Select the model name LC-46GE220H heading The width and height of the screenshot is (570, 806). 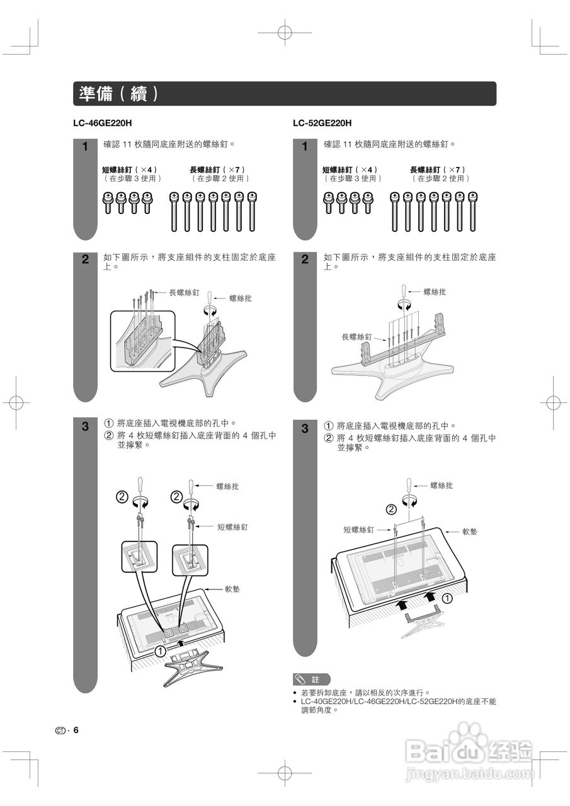point(103,123)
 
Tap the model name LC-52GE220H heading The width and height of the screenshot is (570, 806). point(322,123)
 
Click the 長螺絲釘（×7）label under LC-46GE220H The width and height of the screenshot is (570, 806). point(217,169)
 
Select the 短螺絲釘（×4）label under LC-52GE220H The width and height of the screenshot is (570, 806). point(350,169)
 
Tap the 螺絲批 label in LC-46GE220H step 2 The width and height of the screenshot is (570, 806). point(240,298)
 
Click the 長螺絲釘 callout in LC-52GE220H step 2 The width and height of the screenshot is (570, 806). point(356,337)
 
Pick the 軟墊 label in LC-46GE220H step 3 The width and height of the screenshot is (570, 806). point(232,589)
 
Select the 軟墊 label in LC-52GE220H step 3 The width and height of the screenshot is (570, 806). point(469,531)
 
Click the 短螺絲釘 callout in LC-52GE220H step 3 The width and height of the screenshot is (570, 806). point(359,530)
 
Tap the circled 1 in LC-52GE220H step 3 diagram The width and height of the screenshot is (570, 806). point(446,597)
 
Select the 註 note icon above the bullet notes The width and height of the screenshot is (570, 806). point(311,679)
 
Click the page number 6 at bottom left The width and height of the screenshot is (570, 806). point(76,730)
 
